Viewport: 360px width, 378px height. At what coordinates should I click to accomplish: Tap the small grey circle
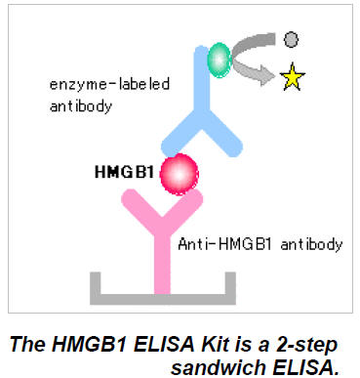click(291, 41)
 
